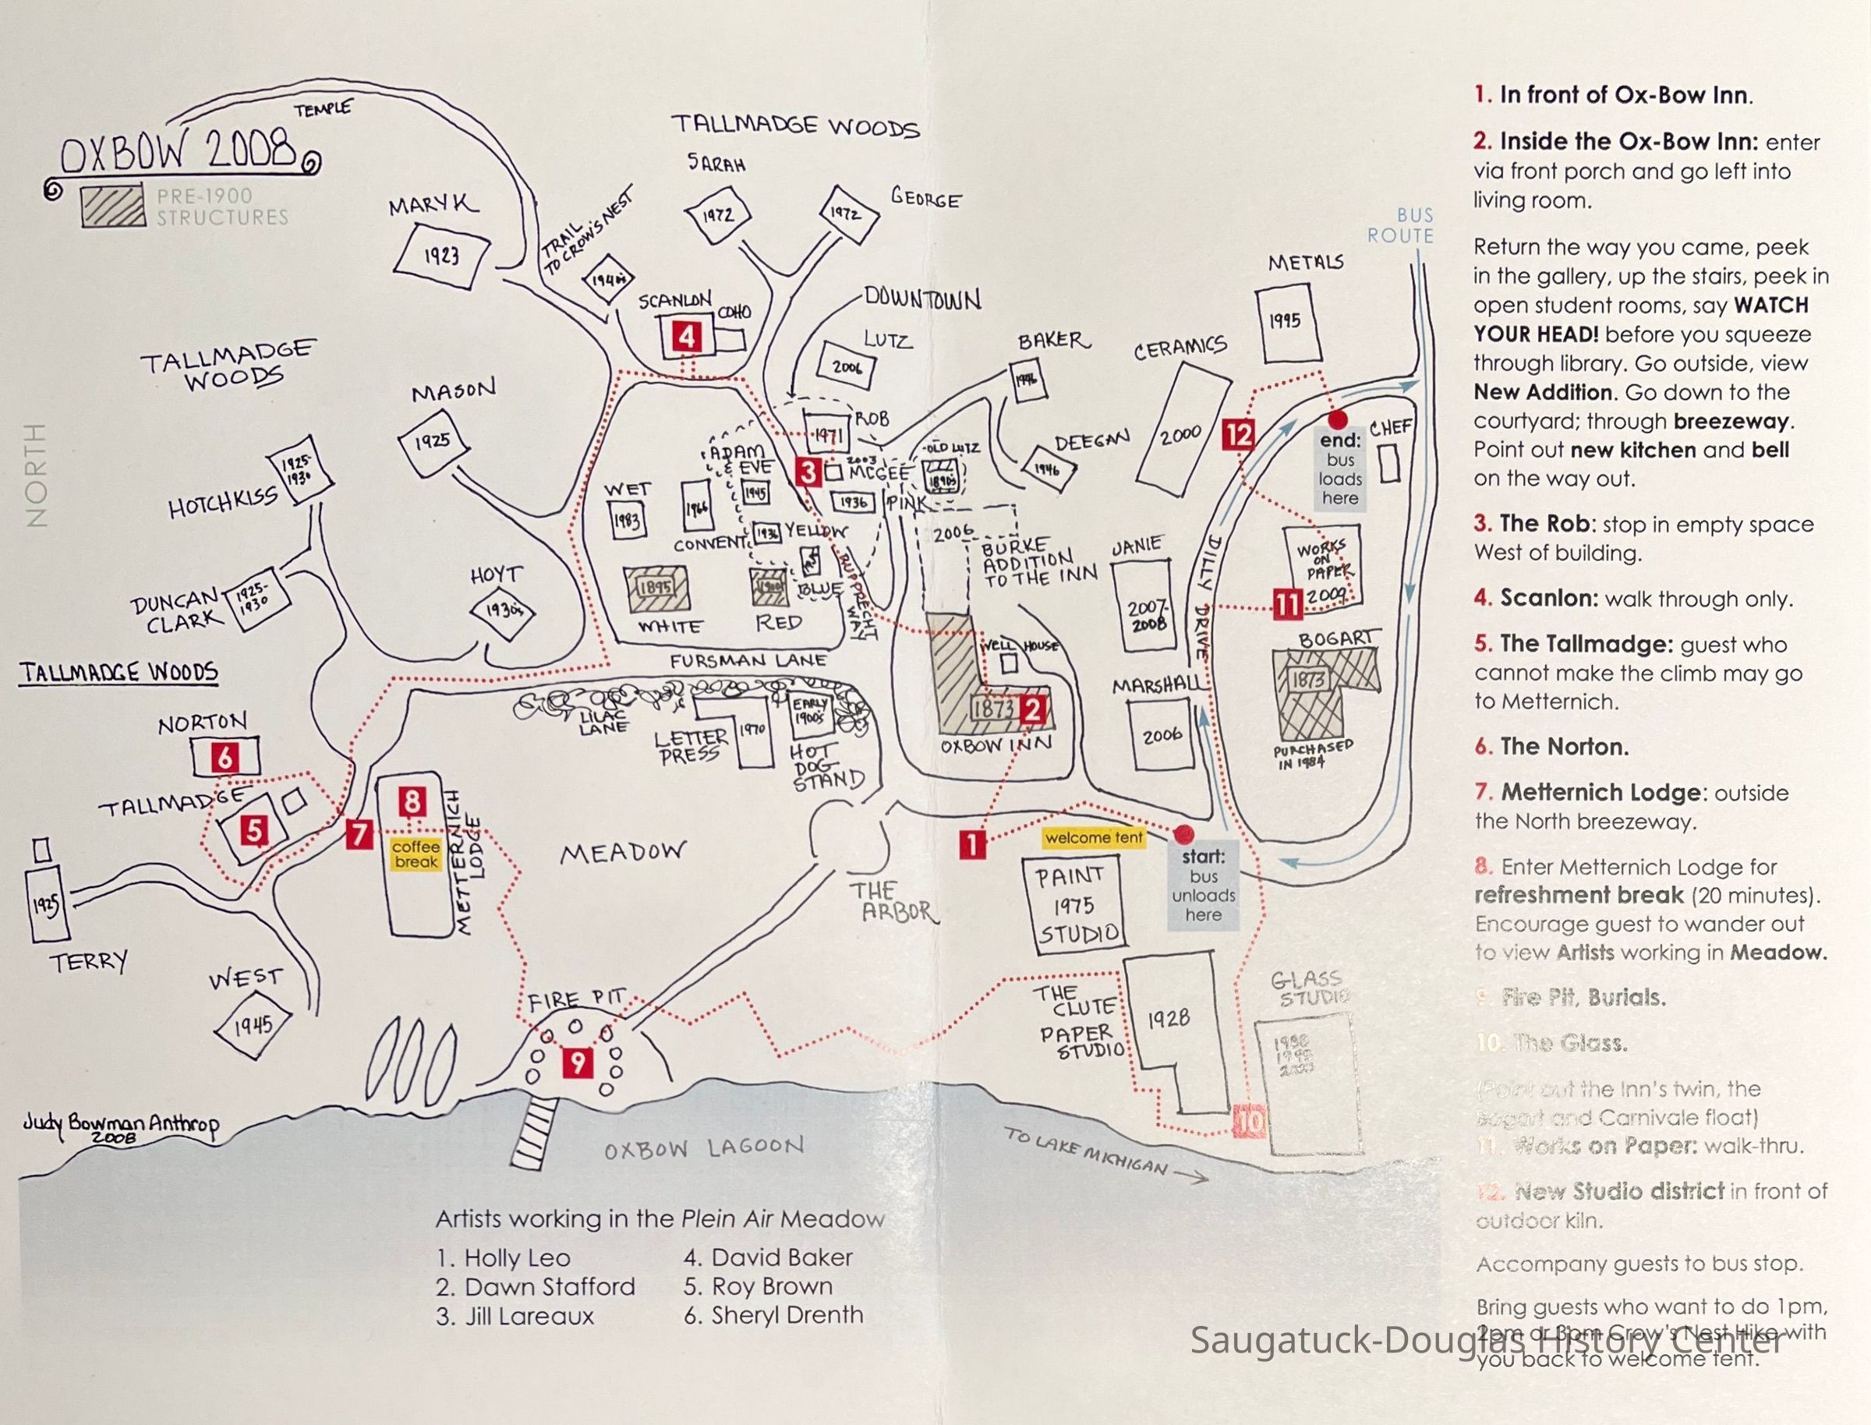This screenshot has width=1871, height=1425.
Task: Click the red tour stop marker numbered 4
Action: [x=687, y=338]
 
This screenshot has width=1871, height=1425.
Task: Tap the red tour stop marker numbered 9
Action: [x=578, y=1063]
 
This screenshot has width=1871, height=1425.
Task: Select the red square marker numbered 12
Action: [x=1238, y=435]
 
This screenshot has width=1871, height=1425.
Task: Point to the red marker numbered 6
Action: [x=225, y=757]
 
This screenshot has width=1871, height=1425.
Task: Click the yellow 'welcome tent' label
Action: [x=1094, y=838]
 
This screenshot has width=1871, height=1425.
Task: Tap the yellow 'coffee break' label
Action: [x=416, y=854]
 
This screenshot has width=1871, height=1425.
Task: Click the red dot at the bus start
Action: [x=1184, y=834]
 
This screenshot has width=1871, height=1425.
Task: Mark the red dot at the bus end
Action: [x=1338, y=419]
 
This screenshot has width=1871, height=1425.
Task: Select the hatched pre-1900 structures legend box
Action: [x=113, y=206]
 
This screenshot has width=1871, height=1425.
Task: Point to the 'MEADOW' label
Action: [x=623, y=853]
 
